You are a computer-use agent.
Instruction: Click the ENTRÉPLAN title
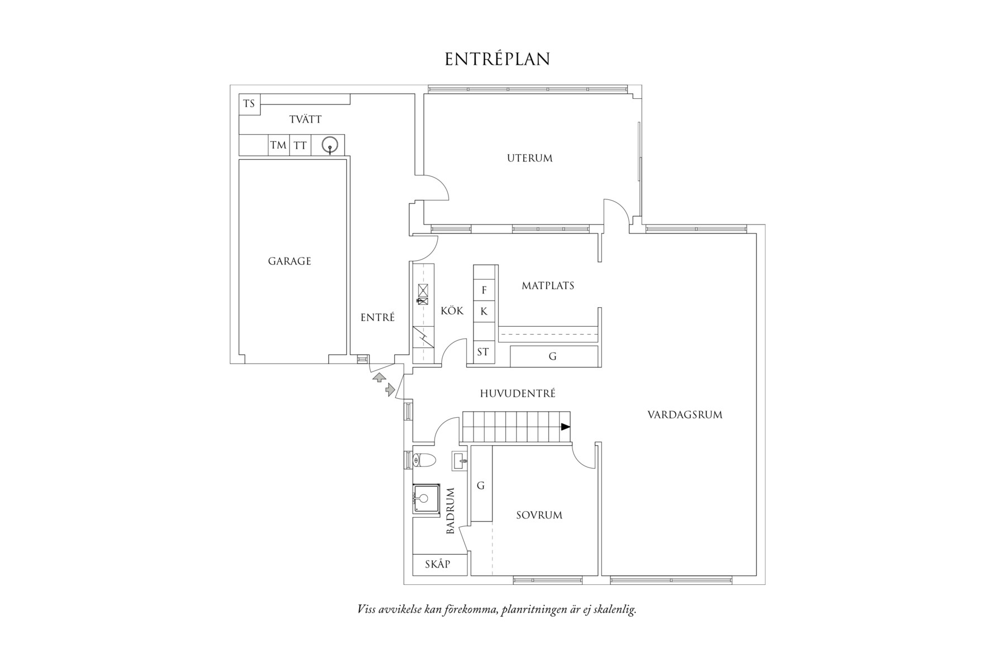(497, 59)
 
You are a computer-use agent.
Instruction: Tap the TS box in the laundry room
(249, 104)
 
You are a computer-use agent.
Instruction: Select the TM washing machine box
(278, 145)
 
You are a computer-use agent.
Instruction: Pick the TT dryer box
(300, 145)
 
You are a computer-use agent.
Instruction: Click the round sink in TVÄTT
(331, 145)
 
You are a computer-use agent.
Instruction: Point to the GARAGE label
(289, 261)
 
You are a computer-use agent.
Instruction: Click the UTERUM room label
(529, 158)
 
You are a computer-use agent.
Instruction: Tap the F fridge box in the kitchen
(484, 290)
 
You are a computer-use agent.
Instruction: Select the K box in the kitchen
(484, 312)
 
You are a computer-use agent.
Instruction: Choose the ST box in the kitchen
(483, 352)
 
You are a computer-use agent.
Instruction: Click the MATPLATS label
(548, 286)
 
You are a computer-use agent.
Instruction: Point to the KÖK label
(452, 311)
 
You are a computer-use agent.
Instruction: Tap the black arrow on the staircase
(566, 427)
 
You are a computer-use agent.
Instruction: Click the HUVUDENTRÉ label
(518, 394)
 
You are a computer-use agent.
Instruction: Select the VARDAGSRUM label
(685, 415)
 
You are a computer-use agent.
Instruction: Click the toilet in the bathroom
(424, 460)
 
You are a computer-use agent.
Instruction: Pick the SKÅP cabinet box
(438, 564)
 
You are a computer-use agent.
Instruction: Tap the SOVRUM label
(539, 515)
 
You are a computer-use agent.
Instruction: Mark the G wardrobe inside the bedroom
(481, 485)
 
